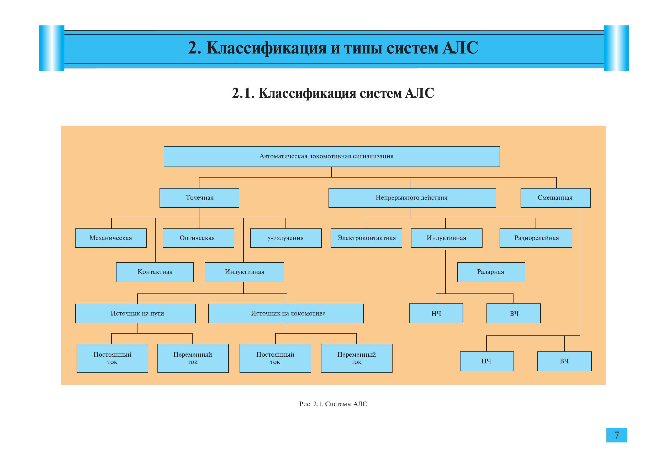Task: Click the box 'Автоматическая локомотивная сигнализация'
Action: point(331,157)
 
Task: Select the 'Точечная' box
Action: point(199,198)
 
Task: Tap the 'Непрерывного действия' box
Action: point(412,198)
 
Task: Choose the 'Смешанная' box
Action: point(555,198)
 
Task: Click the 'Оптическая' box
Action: point(198,238)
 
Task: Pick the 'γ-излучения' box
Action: point(285,238)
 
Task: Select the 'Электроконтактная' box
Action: point(366,238)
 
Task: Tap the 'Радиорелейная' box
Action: point(536,238)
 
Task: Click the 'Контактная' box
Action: point(155,272)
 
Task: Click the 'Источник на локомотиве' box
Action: point(285,313)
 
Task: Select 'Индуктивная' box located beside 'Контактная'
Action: point(244,272)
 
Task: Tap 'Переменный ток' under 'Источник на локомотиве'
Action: point(356,358)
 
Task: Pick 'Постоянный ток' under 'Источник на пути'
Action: point(112,358)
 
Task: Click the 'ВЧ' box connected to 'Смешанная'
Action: point(564,361)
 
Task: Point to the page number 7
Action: point(617,435)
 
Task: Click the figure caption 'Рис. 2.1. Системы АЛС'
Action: point(333,404)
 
